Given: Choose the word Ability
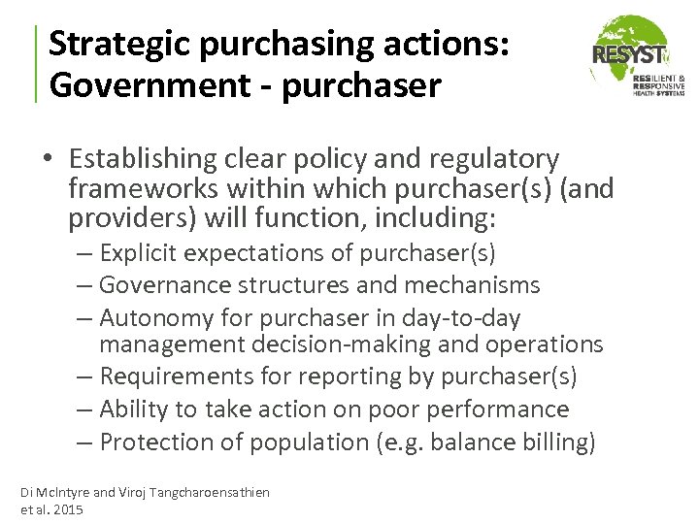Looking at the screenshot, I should pos(133,409).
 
